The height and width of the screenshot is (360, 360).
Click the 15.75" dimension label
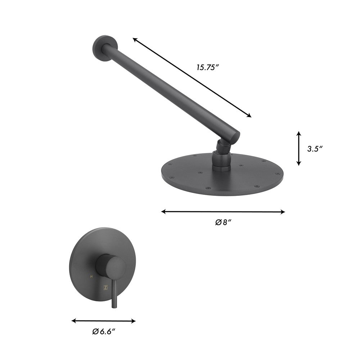coord(208,67)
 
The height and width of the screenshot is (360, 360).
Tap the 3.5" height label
coord(315,149)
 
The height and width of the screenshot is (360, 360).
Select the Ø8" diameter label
coord(223,222)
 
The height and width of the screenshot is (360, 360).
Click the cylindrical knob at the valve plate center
coord(113,265)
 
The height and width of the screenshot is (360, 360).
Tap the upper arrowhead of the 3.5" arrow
coord(298,133)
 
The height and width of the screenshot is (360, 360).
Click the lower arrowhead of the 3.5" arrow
coord(298,164)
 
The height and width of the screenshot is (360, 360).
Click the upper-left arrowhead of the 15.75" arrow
coord(135,39)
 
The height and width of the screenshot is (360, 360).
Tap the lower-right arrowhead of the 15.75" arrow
coord(249,116)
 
